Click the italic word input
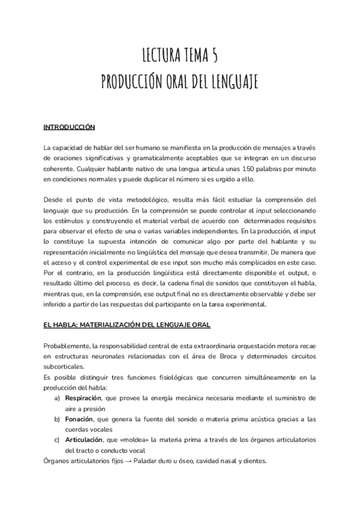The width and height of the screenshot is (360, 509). [264, 211]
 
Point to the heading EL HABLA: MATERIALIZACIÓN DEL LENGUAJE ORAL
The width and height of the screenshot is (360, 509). [126, 325]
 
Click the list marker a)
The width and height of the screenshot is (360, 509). [58, 398]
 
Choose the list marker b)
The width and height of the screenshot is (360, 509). [58, 419]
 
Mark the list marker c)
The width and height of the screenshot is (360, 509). [58, 440]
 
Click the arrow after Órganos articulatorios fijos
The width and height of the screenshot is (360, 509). [145, 461]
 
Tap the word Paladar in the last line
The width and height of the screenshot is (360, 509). [164, 461]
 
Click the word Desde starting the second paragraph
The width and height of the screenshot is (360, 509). [53, 200]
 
